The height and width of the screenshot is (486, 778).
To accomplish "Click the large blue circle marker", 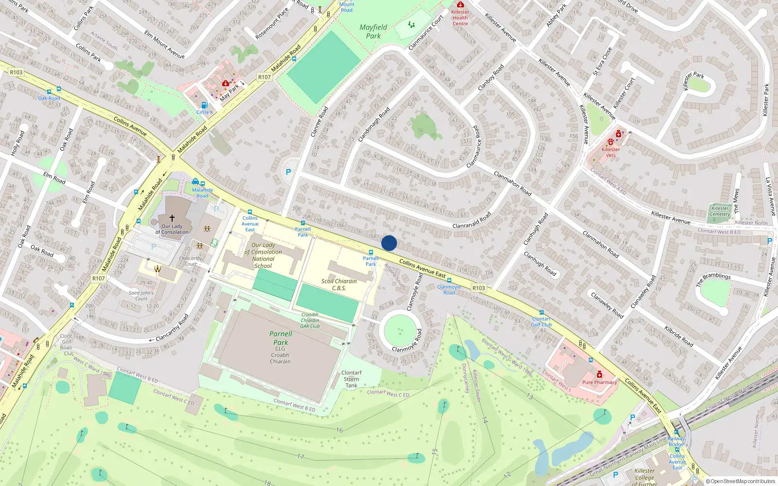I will pos(389,243).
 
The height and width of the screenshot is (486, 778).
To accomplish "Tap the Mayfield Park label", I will pos(373,32).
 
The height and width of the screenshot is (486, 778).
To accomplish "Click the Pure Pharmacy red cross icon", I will pos(600,375).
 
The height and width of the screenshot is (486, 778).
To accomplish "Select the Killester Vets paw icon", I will pos(611,142).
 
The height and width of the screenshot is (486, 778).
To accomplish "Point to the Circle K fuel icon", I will pos(204,105).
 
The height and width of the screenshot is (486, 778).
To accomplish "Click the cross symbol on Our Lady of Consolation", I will pos(172,218).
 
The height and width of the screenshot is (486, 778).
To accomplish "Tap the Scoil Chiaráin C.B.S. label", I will pos(339,284).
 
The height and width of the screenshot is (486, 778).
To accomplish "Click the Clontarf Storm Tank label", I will pos(351,379).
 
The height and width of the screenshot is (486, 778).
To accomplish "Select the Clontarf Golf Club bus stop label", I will pos(541,322).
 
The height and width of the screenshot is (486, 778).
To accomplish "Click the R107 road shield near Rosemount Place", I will pos(264,77).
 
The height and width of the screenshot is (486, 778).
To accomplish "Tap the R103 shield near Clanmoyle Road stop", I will pos(478,288).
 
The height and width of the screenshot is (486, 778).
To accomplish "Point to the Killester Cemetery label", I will pos(720,211).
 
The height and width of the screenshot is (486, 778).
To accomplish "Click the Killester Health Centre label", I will pos(460,17).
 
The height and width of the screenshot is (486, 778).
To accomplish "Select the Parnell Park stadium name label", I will pos(281,338).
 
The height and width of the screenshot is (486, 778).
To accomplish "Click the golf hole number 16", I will pos(339,430).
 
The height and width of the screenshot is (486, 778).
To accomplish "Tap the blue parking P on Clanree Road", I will pos(288,172).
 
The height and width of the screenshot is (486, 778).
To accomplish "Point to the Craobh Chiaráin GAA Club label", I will pos(310,320).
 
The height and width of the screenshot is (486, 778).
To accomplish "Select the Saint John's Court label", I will pos(141,295).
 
